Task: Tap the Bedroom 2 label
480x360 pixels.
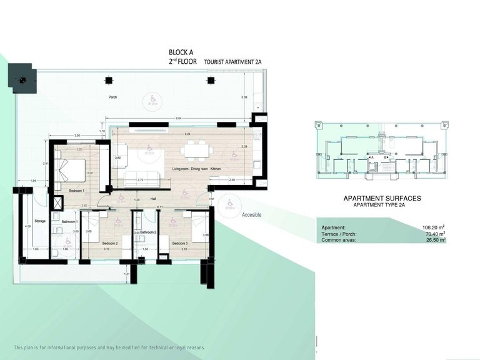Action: pos(110,242)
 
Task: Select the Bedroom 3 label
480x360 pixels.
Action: pos(180,242)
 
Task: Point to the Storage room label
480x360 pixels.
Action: pos(40,221)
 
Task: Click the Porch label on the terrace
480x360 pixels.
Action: pos(113,97)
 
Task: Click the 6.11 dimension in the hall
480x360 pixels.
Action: pos(160,207)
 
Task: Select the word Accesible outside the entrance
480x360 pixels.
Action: pos(251,214)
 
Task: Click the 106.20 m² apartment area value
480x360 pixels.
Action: pos(434,227)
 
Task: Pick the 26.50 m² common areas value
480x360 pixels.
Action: pos(434,239)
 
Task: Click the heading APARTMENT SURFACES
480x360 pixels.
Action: pos(382,198)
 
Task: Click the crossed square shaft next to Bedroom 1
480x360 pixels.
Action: pos(59,204)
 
